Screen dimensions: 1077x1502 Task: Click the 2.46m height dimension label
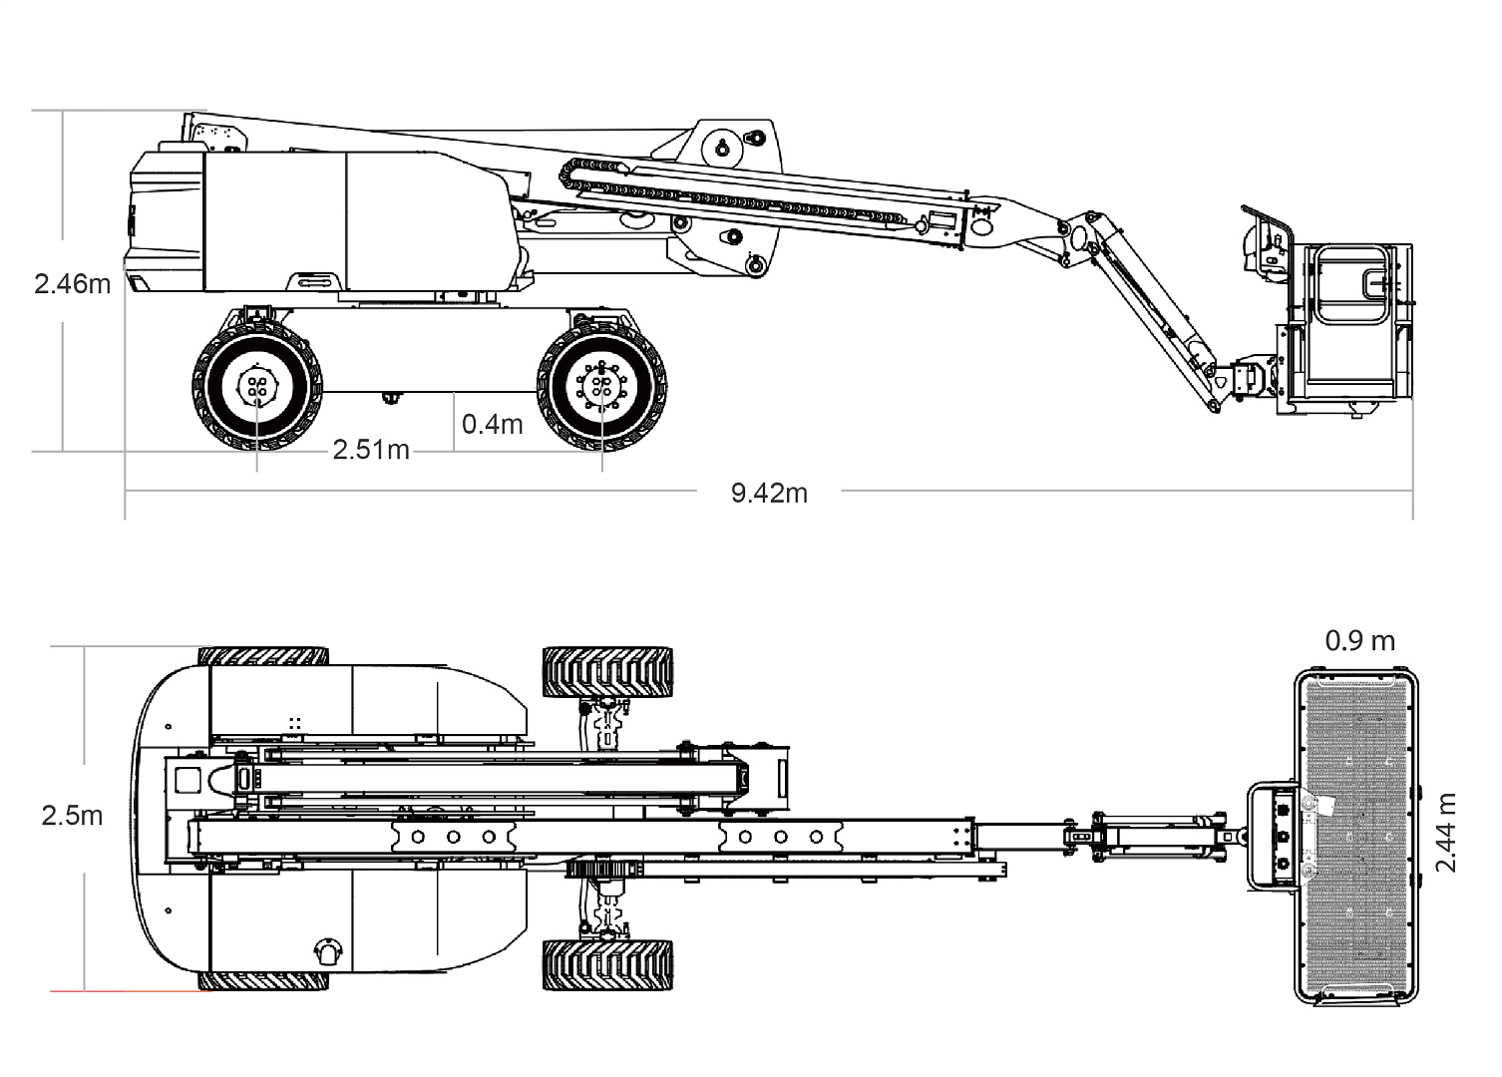tap(72, 283)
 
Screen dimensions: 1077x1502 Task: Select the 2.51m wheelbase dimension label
tap(371, 450)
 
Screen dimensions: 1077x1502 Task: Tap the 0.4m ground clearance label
tap(492, 424)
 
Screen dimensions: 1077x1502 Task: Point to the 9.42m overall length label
tap(769, 493)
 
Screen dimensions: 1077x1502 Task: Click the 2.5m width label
tap(72, 816)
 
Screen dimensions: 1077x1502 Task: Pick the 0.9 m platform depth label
tap(1359, 640)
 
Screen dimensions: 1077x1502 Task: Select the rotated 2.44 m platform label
tap(1445, 833)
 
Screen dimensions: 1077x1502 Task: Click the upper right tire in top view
tap(607, 672)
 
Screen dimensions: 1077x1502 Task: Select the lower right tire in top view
tap(607, 964)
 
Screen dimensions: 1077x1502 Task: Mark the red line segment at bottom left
tap(130, 991)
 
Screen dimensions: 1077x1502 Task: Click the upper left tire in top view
tap(264, 656)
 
